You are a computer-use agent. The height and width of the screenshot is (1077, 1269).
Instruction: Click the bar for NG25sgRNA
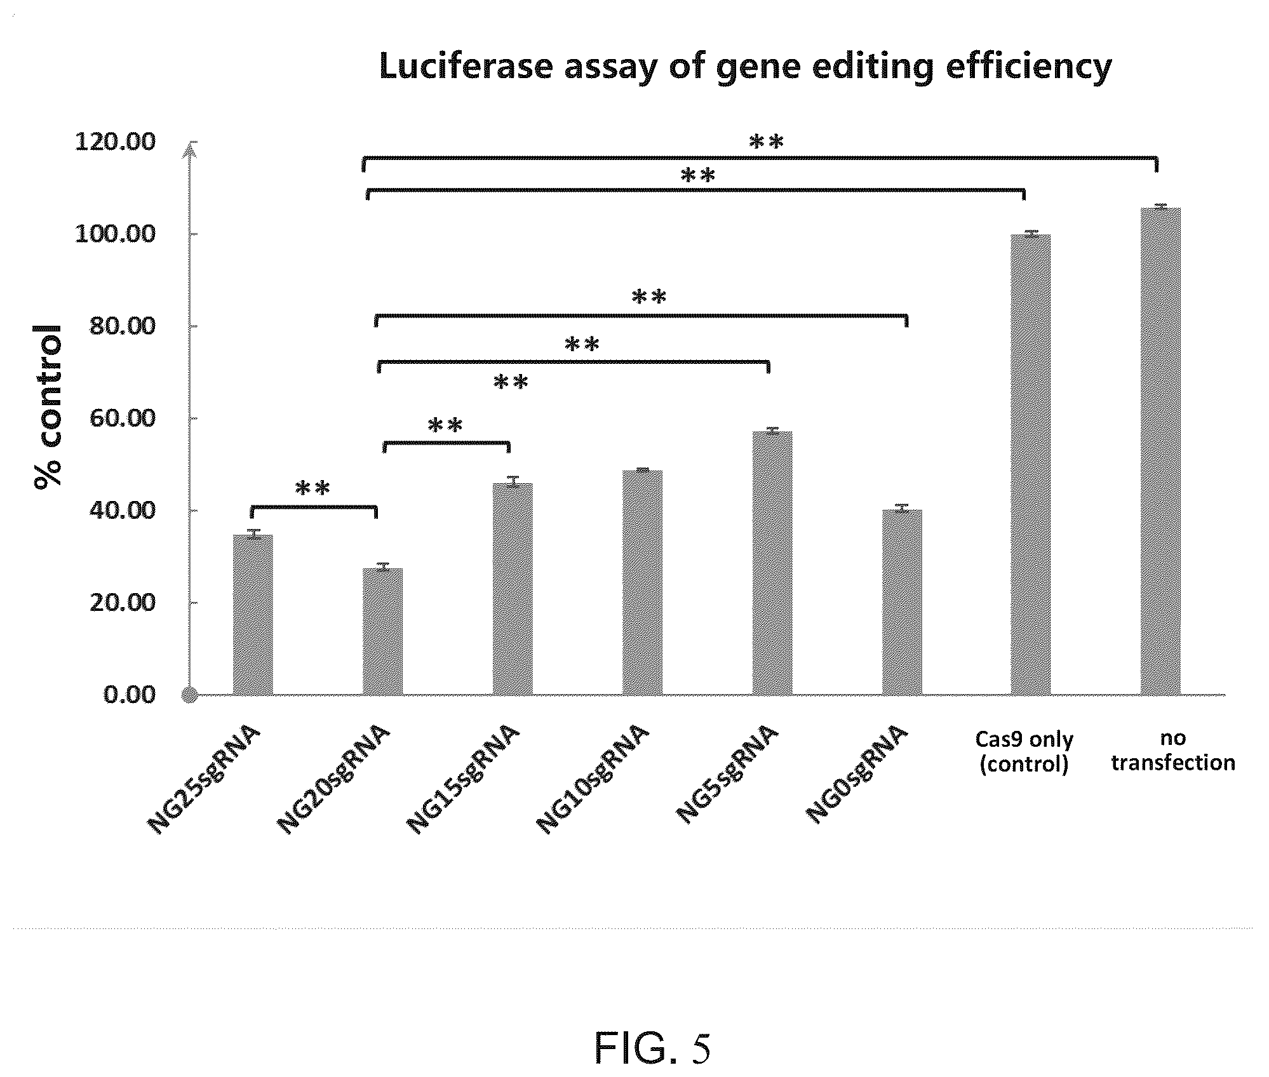[253, 615]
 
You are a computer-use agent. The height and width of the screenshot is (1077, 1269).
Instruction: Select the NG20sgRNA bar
[382, 631]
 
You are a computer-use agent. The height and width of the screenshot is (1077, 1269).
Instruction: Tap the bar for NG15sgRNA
[513, 589]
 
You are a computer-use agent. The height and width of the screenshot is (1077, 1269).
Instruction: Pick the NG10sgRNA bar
[642, 582]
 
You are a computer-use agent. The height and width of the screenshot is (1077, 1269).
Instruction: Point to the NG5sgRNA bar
[772, 563]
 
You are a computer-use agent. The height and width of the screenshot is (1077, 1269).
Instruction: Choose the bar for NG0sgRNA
[902, 602]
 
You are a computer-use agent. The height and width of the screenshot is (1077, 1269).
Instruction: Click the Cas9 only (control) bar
[1030, 464]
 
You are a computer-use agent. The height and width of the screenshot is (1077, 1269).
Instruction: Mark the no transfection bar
[1160, 451]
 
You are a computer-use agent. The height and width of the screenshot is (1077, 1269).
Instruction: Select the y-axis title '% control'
[49, 406]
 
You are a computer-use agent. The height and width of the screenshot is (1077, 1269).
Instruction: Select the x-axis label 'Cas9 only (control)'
[1024, 752]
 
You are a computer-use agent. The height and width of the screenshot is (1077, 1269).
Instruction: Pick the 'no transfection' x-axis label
[1173, 751]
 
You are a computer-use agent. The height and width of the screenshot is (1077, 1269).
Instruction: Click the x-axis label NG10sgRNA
[592, 780]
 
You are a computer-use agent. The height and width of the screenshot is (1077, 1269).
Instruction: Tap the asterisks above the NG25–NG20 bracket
[313, 488]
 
